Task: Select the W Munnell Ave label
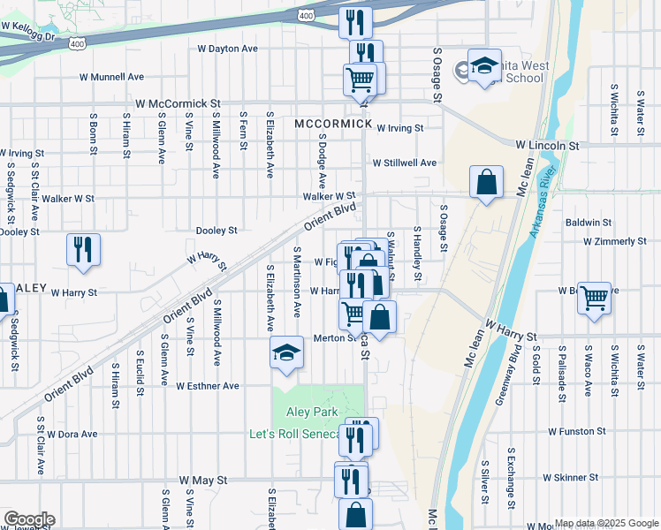point(110,77)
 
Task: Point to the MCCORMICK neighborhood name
point(333,124)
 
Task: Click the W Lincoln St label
point(547,144)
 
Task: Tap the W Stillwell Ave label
point(404,163)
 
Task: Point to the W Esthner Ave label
point(207,386)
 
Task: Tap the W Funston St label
point(576,432)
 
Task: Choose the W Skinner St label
point(570,477)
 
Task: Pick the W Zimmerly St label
point(615,241)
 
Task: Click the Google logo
point(28,519)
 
